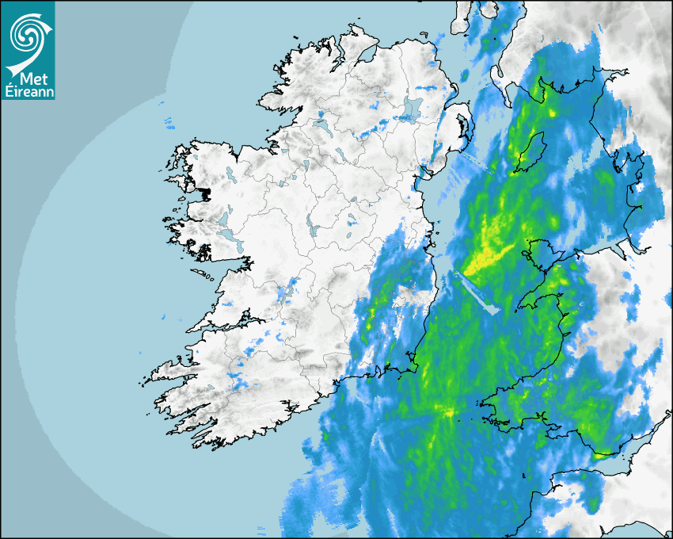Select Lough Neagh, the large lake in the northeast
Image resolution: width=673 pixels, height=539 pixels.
point(412,109)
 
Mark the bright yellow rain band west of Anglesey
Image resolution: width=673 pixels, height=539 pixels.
point(487,258)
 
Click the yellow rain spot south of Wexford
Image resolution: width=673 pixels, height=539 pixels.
point(449,412)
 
